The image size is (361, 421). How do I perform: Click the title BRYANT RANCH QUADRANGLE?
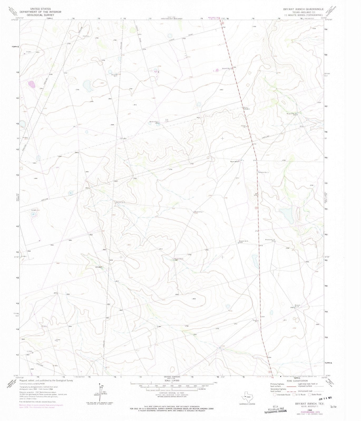coord(303,9)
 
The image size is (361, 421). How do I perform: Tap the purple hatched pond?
coord(32,84)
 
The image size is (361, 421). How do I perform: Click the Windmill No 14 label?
coord(270,240)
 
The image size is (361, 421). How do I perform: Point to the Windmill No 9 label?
coord(243,241)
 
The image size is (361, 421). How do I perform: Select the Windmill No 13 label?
coord(264,172)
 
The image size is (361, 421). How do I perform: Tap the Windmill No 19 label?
coord(297,306)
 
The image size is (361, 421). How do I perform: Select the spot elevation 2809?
coord(194,299)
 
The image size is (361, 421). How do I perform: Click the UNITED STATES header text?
coord(41,9)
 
